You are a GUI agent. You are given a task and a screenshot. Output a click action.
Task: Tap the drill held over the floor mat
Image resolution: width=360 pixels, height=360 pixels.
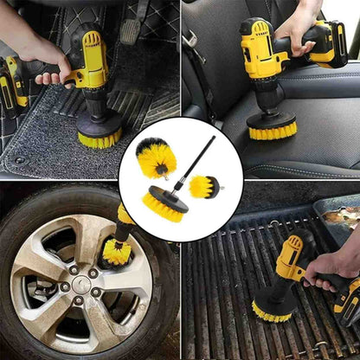90,65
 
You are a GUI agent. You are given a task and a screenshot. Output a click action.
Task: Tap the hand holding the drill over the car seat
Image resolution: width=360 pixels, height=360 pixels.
299,26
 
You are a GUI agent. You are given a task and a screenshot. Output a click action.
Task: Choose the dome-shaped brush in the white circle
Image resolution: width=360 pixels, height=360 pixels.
156,157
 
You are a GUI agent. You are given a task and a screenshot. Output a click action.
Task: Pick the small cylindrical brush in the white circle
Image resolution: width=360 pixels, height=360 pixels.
204,185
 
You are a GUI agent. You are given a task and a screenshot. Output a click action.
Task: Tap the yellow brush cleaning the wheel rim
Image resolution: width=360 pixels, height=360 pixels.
115,252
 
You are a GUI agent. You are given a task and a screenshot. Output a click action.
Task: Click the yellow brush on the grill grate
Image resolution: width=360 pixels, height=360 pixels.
273,307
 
